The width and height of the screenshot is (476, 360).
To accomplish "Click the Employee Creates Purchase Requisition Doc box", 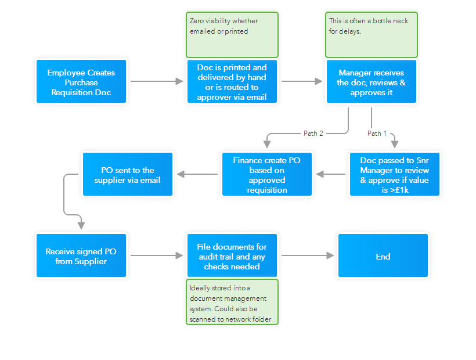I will [x=81, y=82].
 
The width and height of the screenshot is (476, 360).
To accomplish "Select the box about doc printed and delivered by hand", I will [x=232, y=82].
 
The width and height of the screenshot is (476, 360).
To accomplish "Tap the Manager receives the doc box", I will [x=372, y=82].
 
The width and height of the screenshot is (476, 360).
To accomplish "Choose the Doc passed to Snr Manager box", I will [x=395, y=174].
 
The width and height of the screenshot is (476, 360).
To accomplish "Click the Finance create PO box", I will [x=267, y=174].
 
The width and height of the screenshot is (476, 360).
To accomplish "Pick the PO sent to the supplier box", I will [x=128, y=174].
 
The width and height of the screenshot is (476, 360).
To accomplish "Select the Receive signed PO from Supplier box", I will [x=81, y=256].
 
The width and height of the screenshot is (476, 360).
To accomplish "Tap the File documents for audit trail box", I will [x=232, y=256].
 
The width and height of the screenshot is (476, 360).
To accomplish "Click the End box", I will [x=383, y=256].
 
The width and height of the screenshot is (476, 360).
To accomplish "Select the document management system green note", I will [x=232, y=303].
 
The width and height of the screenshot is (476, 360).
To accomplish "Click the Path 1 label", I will [x=377, y=134].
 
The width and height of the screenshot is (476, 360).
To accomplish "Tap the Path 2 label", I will [x=313, y=134].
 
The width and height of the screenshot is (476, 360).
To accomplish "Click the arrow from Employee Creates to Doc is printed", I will [x=157, y=82].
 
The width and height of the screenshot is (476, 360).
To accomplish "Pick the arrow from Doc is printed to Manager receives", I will [x=302, y=82].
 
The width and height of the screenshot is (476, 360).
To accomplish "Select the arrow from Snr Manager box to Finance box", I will [x=331, y=174].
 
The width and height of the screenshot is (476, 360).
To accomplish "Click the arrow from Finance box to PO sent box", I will [x=197, y=174].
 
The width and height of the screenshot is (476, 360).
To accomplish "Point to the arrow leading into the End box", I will [x=308, y=256].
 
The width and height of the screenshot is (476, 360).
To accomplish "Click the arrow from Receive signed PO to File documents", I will [x=157, y=256].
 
